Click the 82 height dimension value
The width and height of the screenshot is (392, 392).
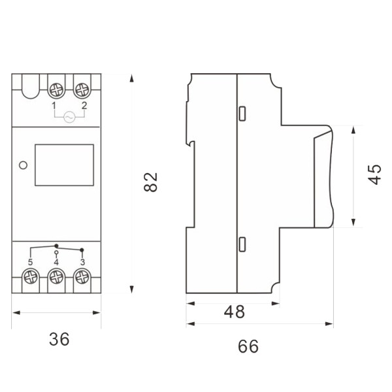pos(151,182)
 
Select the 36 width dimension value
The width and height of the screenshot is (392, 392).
pos(59,339)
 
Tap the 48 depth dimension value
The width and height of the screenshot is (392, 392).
pos(235,312)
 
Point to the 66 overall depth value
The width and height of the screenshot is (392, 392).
pos(248,346)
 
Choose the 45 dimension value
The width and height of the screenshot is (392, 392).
pos(374,174)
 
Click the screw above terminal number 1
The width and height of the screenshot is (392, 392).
pos(56,90)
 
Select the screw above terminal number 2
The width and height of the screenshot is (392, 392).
pos(82,90)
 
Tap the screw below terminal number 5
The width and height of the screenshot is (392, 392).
pos(31,277)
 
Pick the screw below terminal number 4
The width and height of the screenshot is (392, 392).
pos(56,277)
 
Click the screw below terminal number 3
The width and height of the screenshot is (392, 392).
pos(82,277)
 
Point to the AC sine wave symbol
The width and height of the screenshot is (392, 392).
pos(69,117)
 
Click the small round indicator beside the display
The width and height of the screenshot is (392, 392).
pos(24,165)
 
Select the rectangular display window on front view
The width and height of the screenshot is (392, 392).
pos(64,165)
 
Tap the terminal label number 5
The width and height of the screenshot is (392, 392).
pos(30,262)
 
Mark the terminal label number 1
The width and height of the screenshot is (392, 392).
pos(54,106)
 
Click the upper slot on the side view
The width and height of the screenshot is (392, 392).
pos(242,114)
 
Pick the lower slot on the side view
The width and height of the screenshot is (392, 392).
pos(242,244)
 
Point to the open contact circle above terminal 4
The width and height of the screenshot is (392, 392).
pos(56,252)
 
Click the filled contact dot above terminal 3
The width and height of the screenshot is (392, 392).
pos(82,250)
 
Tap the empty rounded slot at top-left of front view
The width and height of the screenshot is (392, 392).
pos(31,86)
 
